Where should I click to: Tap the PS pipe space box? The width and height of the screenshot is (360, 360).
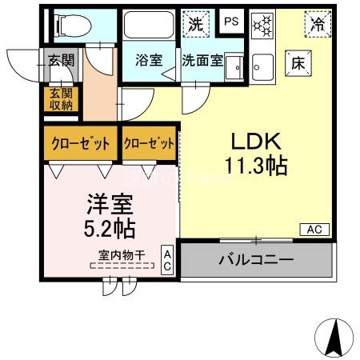click(x=231, y=22)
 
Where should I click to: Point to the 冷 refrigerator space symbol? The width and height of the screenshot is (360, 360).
click(x=318, y=24)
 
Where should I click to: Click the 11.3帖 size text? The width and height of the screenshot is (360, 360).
click(x=256, y=166)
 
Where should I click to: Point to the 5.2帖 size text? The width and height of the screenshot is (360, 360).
click(x=109, y=227)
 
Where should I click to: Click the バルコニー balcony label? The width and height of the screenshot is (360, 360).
click(x=255, y=260)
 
